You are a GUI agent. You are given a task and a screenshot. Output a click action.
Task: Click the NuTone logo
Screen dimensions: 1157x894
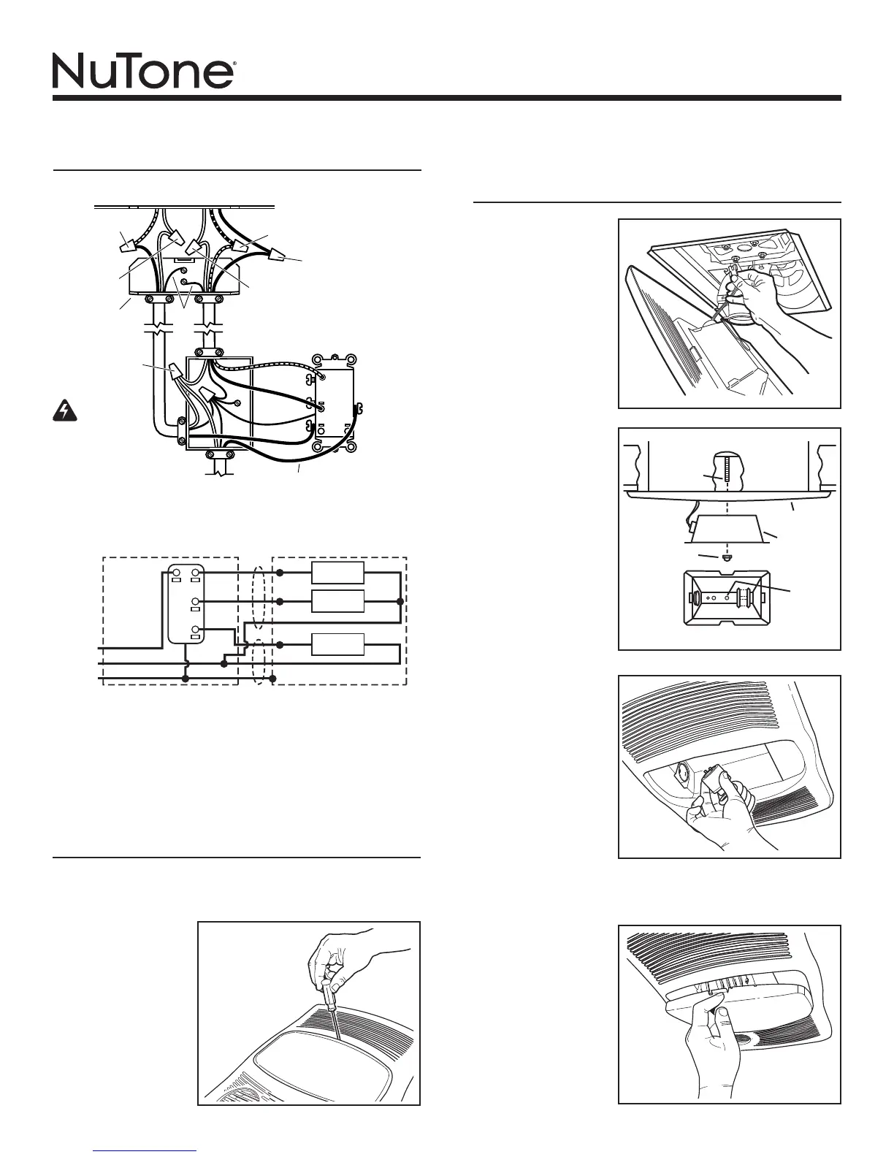click(x=143, y=71)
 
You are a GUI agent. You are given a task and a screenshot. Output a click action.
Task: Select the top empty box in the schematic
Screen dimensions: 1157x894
click(x=337, y=573)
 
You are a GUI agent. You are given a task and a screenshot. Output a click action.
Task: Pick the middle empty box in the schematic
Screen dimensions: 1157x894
click(x=337, y=601)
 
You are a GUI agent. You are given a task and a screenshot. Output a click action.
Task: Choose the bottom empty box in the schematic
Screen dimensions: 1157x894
click(x=337, y=645)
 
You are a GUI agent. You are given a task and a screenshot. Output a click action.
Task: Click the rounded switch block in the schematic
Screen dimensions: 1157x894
click(x=185, y=603)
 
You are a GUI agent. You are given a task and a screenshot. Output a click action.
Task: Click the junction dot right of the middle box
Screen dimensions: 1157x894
click(x=400, y=601)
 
